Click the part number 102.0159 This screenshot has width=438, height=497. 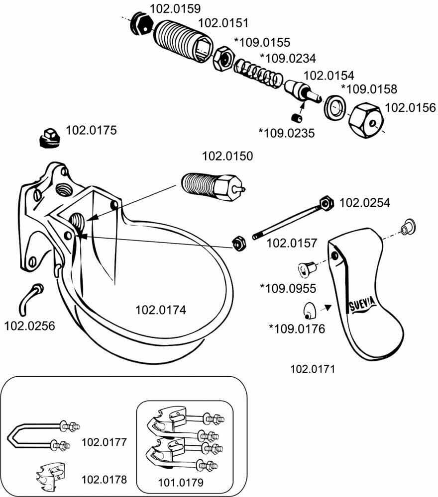coord(175,8)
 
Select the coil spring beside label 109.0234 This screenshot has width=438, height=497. coord(258,75)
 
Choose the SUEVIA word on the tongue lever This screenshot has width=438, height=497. coord(363,304)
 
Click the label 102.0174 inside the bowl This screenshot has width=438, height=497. coord(161,310)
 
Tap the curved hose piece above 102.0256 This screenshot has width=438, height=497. coord(30,299)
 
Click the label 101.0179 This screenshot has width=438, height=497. coord(181,483)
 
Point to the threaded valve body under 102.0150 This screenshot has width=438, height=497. coord(213,187)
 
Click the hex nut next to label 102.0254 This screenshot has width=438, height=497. coord(327,202)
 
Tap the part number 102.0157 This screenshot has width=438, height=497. coord(292,243)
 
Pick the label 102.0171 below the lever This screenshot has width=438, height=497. coord(313,369)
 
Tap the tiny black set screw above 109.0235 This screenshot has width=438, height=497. coord(297,118)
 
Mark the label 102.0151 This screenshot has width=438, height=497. coord(223,23)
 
